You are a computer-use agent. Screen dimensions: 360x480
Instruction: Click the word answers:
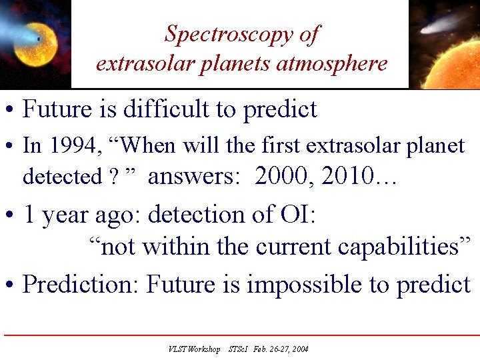pos(193,177)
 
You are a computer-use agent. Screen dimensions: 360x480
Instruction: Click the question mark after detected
pos(114,177)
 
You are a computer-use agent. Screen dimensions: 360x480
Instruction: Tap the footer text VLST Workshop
pos(194,349)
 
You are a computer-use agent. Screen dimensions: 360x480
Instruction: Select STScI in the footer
pos(238,349)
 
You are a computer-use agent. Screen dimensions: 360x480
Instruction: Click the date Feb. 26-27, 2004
pos(281,349)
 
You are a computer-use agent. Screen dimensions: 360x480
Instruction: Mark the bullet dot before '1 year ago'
pos(9,216)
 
